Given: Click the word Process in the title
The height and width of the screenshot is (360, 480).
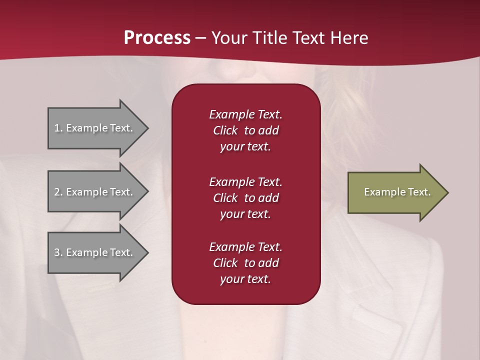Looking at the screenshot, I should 157,38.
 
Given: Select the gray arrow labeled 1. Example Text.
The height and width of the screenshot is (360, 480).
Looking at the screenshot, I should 95,128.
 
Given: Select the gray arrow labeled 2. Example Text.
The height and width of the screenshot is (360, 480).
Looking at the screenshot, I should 95,192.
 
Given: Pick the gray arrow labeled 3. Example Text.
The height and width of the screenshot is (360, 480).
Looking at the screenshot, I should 95,252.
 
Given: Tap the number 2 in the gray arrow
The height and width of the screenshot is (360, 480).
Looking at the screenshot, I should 57,192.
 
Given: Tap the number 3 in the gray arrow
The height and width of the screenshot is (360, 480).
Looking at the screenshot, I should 57,252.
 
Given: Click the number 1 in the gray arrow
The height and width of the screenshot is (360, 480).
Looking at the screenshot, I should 57,128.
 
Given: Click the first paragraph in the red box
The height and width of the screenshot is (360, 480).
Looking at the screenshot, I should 245,130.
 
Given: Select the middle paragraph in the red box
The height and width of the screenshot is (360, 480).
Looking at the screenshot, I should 245,198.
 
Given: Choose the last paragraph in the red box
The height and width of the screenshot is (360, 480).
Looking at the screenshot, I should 245,263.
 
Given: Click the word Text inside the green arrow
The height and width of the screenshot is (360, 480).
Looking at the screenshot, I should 419,192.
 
